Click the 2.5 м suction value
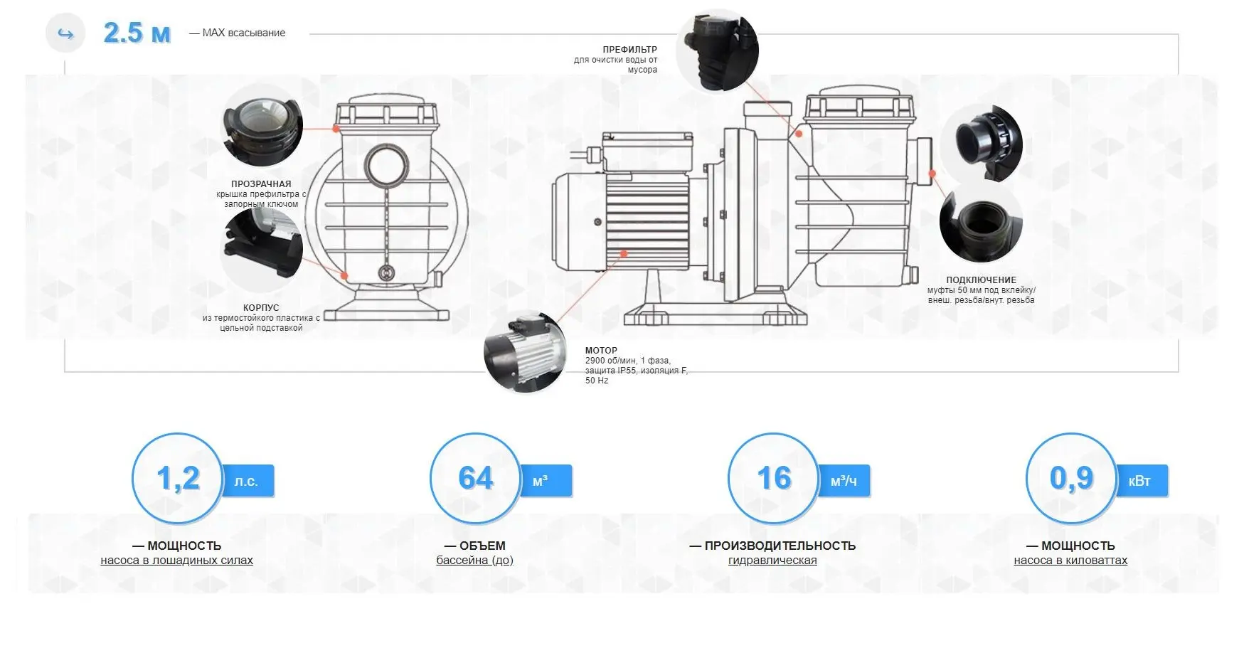[x=137, y=33]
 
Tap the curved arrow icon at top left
[x=65, y=33]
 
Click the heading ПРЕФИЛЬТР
[x=629, y=50]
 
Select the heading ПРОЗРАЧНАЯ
[x=261, y=184]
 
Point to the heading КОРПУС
[x=261, y=308]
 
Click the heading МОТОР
[x=601, y=351]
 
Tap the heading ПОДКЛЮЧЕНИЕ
[x=981, y=280]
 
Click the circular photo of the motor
[x=525, y=353]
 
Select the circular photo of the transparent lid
[x=262, y=125]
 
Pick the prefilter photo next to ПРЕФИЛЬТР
[x=718, y=51]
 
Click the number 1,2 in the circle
[x=178, y=478]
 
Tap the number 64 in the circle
[x=476, y=478]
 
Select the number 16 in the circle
[x=774, y=478]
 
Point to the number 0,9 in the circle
[x=1071, y=478]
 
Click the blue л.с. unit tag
[x=248, y=482]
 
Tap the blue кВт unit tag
[x=1141, y=482]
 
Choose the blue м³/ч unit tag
[x=844, y=482]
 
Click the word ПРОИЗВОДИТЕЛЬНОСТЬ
[x=780, y=546]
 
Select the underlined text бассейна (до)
[x=474, y=561]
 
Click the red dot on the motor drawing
[x=624, y=253]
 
